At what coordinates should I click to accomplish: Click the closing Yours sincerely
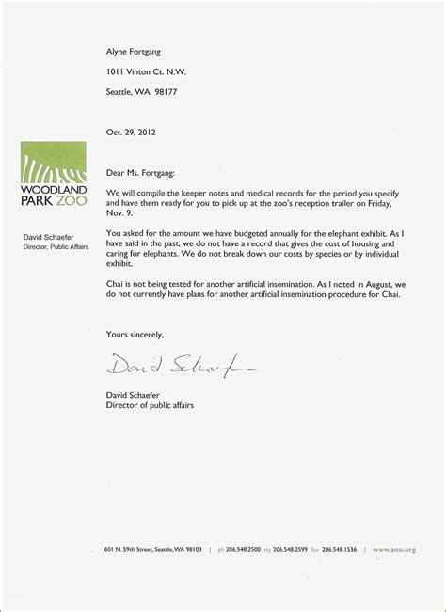(135, 334)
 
